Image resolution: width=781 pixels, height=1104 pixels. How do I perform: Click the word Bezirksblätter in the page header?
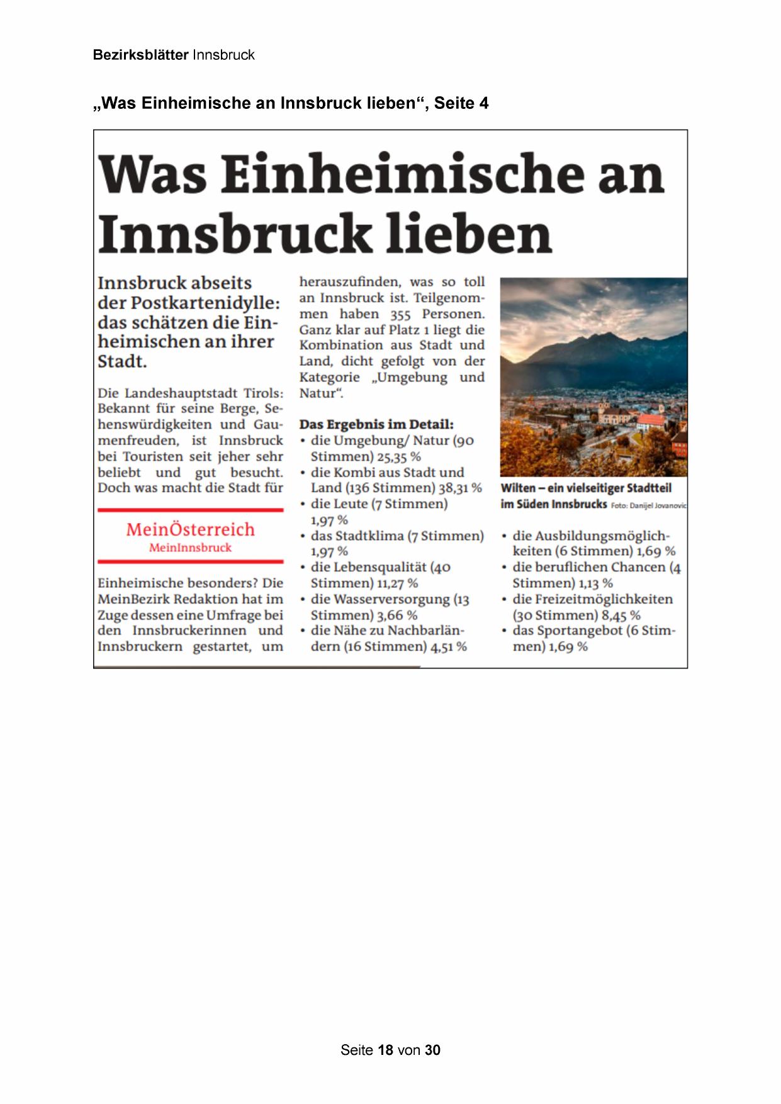pyautogui.click(x=140, y=55)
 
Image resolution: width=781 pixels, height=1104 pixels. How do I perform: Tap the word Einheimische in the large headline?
pyautogui.click(x=403, y=174)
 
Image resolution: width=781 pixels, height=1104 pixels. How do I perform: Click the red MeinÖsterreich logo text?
pyautogui.click(x=190, y=529)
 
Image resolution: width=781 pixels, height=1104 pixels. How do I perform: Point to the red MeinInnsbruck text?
pyautogui.click(x=190, y=548)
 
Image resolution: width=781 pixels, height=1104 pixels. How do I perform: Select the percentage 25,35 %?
pyautogui.click(x=399, y=457)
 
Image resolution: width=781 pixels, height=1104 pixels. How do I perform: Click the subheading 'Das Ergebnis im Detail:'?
pyautogui.click(x=376, y=424)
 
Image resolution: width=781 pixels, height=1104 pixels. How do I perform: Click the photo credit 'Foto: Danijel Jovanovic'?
pyautogui.click(x=648, y=505)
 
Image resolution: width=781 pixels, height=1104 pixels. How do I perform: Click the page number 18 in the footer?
pyautogui.click(x=386, y=1050)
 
